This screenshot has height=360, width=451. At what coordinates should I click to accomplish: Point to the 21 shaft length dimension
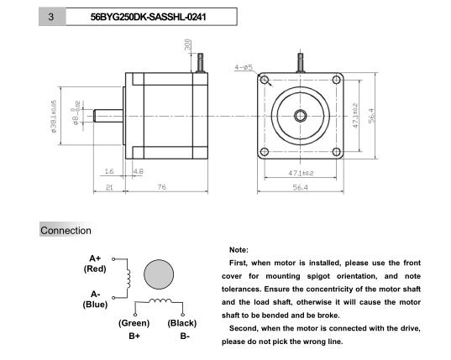110,187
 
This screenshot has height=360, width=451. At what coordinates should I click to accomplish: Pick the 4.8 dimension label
139,170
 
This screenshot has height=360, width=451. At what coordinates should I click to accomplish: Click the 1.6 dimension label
109,170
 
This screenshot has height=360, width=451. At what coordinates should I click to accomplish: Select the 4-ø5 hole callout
244,67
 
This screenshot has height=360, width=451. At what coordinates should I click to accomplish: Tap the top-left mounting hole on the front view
266,81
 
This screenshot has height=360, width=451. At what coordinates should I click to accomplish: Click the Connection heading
66,230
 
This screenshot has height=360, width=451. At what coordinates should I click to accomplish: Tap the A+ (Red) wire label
94,263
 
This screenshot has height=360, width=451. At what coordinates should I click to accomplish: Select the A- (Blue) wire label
94,299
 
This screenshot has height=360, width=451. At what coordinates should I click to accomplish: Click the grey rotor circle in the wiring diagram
160,275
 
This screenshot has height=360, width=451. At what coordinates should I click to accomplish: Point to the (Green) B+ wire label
134,329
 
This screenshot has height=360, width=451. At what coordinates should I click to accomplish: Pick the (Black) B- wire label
183,329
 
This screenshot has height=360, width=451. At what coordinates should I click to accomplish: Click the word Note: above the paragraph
238,250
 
